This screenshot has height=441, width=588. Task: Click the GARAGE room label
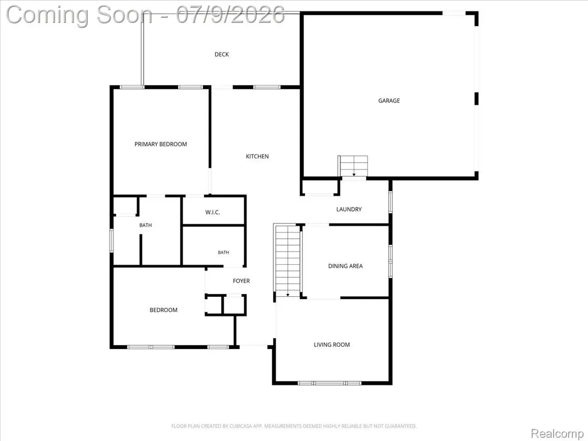pyautogui.click(x=389, y=100)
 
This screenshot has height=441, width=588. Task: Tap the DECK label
pyautogui.click(x=222, y=55)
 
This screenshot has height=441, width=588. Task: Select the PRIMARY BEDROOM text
pyautogui.click(x=161, y=144)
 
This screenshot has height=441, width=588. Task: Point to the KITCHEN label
pyautogui.click(x=257, y=156)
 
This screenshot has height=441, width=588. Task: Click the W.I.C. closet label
pyautogui.click(x=212, y=212)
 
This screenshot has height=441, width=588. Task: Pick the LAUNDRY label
pyautogui.click(x=349, y=209)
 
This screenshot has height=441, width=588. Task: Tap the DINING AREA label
pyautogui.click(x=345, y=266)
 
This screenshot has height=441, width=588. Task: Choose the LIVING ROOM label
pyautogui.click(x=332, y=345)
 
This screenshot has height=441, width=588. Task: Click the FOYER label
pyautogui.click(x=241, y=281)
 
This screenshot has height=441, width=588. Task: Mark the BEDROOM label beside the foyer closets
pyautogui.click(x=164, y=310)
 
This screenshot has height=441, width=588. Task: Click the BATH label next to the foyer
pyautogui.click(x=223, y=253)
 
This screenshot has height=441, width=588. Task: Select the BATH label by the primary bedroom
pyautogui.click(x=145, y=225)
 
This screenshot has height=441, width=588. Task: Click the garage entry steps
pyautogui.click(x=353, y=166)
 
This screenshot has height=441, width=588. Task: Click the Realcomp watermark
pyautogui.click(x=557, y=434)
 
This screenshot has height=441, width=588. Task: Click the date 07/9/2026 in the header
pyautogui.click(x=230, y=15)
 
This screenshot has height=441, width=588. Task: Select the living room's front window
pyautogui.click(x=330, y=383)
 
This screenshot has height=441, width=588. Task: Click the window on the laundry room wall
pyautogui.click(x=390, y=202)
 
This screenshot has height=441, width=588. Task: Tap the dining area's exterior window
pyautogui.click(x=390, y=261)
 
